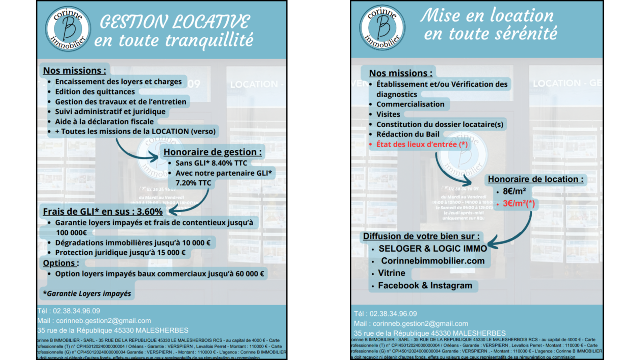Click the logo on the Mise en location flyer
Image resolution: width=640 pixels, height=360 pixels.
tap(382, 28)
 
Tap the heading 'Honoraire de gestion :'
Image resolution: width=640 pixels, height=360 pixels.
tap(212, 152)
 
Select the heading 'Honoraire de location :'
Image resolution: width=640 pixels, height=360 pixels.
tap(536, 179)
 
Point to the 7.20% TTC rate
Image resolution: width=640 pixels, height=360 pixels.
tap(193, 183)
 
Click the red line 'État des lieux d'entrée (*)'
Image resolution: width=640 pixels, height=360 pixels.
tap(422, 144)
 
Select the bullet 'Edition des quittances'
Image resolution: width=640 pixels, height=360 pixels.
tap(95, 91)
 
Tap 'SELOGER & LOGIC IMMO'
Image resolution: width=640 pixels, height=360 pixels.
tap(432, 248)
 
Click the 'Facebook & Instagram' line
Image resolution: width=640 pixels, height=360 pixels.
tap(425, 285)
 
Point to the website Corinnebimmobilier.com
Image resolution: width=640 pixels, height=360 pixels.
tap(432, 261)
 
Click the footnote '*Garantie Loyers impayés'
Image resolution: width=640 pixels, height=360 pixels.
tap(87, 294)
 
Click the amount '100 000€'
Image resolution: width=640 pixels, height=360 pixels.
tap(71, 232)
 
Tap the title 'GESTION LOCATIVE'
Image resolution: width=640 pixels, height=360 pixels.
tap(175, 22)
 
